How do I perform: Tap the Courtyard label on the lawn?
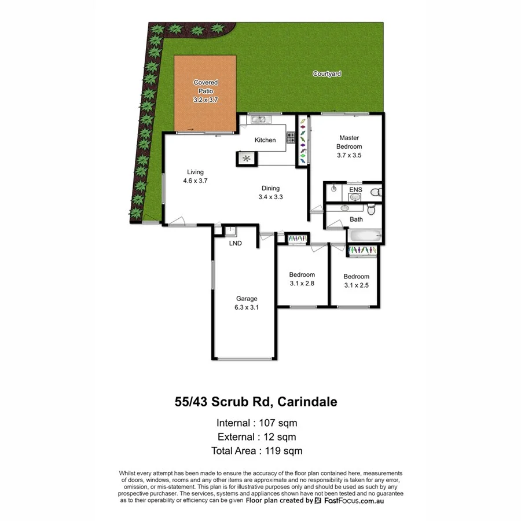point(327,74)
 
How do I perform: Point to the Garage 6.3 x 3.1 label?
point(246,303)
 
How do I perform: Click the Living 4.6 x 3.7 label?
point(195,176)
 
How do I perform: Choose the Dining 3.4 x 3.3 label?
point(270,192)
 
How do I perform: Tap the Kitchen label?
point(265,140)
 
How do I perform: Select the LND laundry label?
point(235,243)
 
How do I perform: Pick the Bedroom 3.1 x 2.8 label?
point(302,279)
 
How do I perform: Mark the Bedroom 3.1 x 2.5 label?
point(355,281)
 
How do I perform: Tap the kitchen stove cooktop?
point(290,138)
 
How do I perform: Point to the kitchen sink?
point(259,120)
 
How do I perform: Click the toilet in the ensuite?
point(376,191)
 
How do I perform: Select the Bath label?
point(357,219)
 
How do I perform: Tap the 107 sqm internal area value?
point(279,422)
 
